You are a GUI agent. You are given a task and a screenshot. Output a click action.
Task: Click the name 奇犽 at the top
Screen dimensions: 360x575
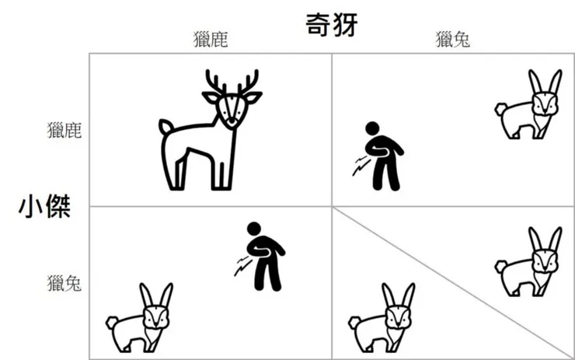point(330,24)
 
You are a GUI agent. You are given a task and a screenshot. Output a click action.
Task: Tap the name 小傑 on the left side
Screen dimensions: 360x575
point(45,207)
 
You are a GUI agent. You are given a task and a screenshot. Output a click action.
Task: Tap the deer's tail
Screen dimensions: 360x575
point(165,126)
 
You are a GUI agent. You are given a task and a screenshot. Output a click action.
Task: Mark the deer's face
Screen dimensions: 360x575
point(231,110)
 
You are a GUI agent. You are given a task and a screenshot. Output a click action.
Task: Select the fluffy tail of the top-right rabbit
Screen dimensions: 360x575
point(500,110)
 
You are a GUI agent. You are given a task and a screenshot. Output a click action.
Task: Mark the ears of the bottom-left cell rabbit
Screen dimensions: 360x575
point(155,295)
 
